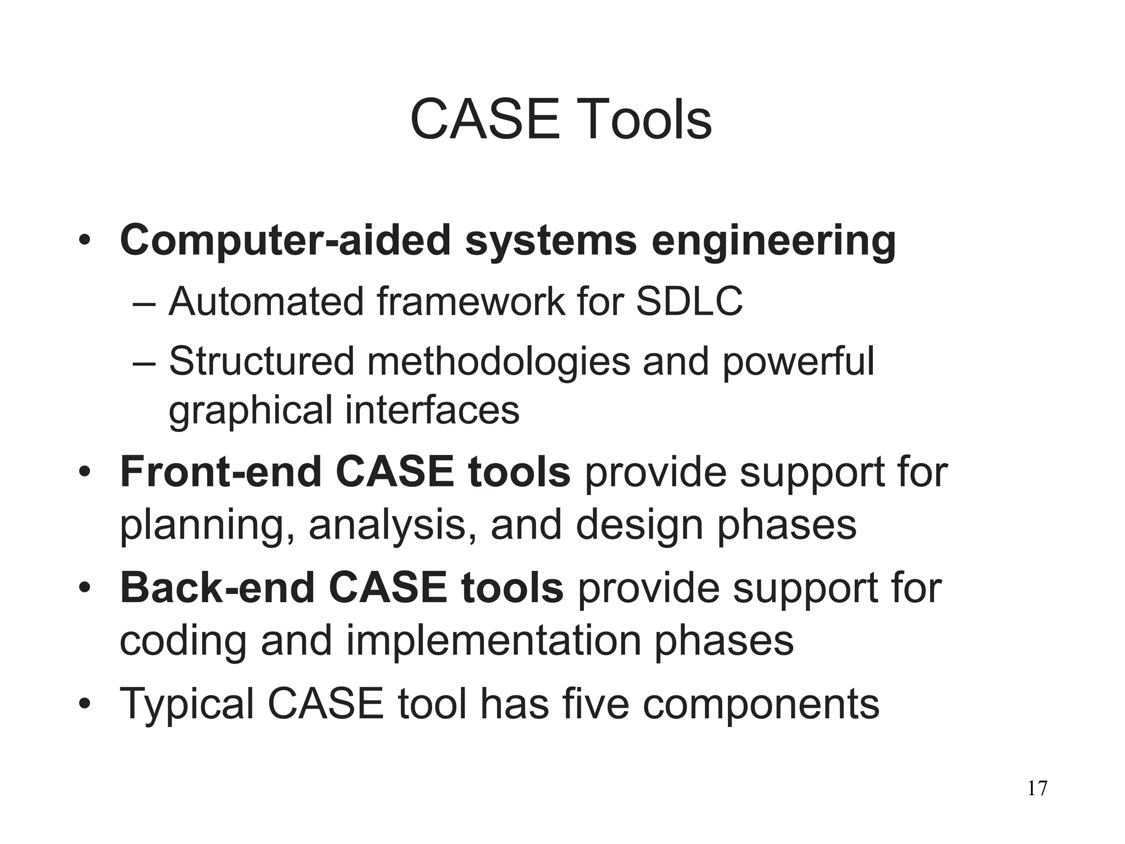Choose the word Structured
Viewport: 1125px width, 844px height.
261,361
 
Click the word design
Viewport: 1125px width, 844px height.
640,525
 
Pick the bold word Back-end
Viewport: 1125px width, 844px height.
217,588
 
